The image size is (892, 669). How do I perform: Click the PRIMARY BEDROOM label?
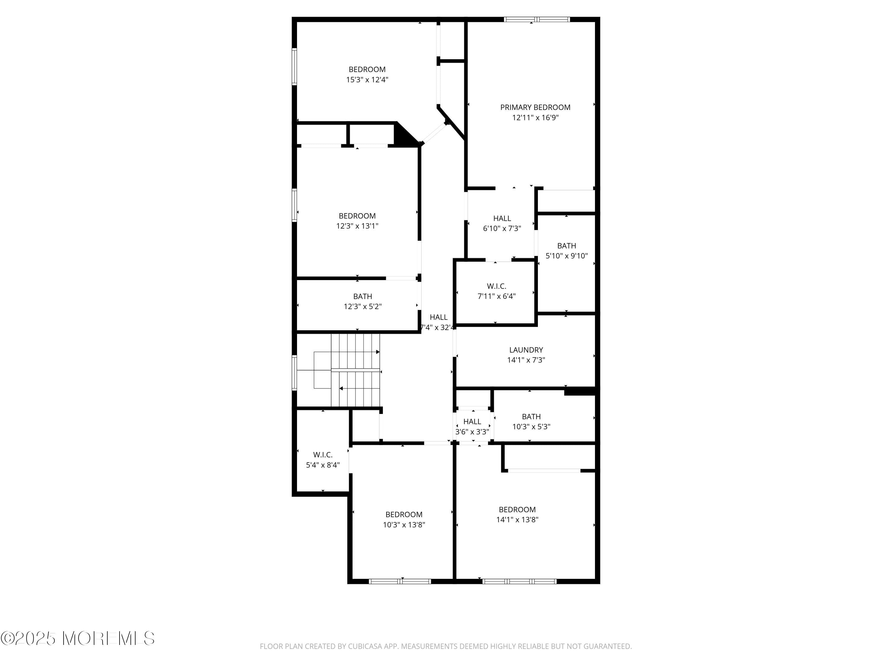pos(535,107)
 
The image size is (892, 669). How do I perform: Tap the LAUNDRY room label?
pos(526,350)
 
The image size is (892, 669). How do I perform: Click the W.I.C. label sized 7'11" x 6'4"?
pos(497,286)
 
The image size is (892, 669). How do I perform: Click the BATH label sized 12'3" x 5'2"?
pos(362,296)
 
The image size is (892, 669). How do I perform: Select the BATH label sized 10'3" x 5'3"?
pos(531,417)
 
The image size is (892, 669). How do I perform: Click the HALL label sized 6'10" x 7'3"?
pos(502,218)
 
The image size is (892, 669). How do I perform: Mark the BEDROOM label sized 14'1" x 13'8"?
pos(517,510)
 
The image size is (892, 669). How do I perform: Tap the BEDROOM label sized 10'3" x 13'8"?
pos(404,515)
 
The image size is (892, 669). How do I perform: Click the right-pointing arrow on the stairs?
pos(377,352)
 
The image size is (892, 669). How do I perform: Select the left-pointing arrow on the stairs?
pos(341,388)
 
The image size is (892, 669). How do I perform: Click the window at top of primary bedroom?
pos(536,19)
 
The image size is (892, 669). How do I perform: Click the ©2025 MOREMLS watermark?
pos(77,638)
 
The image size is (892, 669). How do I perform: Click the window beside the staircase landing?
pos(294,373)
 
